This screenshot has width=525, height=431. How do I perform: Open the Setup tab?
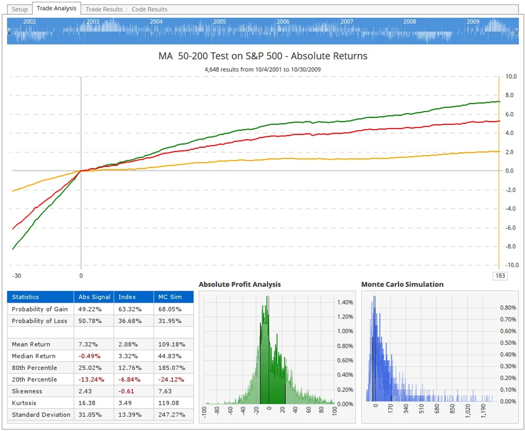pyautogui.click(x=20, y=9)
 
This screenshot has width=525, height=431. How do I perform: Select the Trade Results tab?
pyautogui.click(x=104, y=9)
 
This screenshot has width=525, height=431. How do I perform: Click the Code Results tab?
pyautogui.click(x=149, y=9)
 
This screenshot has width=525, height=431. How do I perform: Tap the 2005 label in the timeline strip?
pyautogui.click(x=219, y=21)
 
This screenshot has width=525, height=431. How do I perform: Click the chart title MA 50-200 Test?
pyautogui.click(x=262, y=56)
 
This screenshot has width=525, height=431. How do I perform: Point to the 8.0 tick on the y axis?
pyautogui.click(x=509, y=95)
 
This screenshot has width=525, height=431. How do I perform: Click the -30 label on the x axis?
pyautogui.click(x=17, y=275)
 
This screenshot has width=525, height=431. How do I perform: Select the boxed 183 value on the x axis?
pyautogui.click(x=500, y=275)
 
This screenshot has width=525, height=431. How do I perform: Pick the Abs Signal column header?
pyautogui.click(x=94, y=296)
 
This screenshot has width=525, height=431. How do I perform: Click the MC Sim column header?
pyautogui.click(x=170, y=296)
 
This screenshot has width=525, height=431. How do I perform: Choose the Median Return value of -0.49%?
pyautogui.click(x=89, y=356)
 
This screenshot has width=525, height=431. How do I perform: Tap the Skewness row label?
pyautogui.click(x=27, y=391)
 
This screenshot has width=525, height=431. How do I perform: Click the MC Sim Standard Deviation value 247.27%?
pyautogui.click(x=172, y=414)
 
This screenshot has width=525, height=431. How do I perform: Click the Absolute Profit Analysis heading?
pyautogui.click(x=240, y=284)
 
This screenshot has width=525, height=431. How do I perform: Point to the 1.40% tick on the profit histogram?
pyautogui.click(x=345, y=302)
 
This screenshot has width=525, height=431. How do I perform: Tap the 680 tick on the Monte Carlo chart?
pyautogui.click(x=437, y=409)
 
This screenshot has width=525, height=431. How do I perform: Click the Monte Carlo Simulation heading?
pyautogui.click(x=402, y=284)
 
